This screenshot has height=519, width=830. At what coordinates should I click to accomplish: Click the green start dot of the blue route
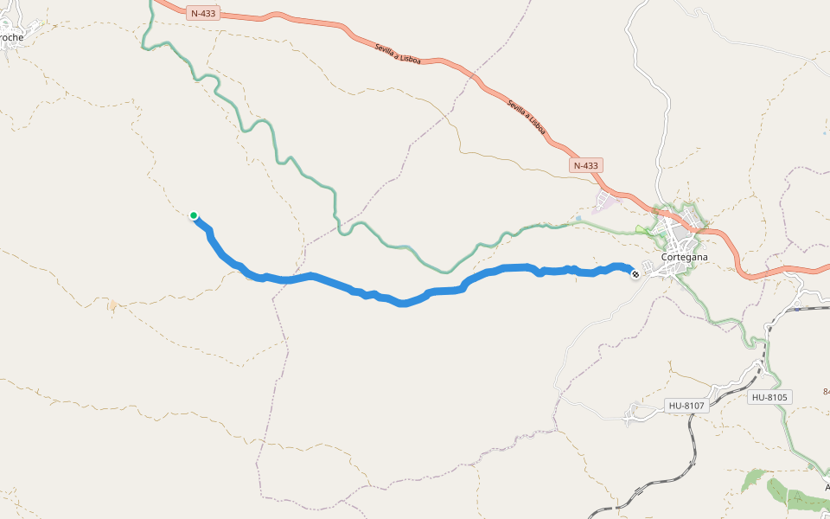point(194,215)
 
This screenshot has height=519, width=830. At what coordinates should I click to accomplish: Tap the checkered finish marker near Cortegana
point(635,274)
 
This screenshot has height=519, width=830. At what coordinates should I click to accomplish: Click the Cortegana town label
point(684,257)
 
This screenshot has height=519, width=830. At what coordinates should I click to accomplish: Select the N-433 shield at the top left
point(202,13)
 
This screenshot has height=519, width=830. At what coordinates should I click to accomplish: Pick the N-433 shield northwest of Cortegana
point(585,164)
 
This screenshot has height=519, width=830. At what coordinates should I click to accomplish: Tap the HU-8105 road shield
point(769,397)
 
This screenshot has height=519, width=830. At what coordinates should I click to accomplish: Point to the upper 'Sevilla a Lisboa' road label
point(398,54)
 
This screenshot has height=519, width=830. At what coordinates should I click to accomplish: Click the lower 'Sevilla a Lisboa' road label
point(526,117)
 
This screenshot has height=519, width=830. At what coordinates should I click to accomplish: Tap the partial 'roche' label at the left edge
point(11,37)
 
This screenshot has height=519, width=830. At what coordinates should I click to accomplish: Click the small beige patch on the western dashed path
point(112,304)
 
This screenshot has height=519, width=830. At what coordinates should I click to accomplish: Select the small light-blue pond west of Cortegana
point(578,219)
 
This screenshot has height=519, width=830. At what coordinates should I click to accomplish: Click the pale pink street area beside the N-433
point(608,202)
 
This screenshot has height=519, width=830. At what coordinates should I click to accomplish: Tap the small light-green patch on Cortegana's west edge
point(641,230)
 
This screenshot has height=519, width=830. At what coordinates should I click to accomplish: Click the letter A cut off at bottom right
point(825,486)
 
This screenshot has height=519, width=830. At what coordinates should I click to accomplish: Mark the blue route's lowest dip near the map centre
point(402,304)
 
